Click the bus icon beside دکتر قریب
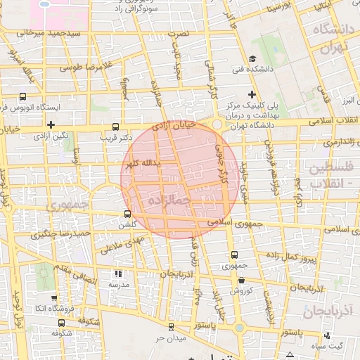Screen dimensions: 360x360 click(x=116, y=127)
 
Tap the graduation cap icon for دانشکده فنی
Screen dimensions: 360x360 click(x=252, y=58)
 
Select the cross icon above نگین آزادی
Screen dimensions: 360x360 click(x=50, y=124)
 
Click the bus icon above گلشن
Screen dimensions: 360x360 click(x=127, y=214)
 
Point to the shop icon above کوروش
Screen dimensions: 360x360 click(x=241, y=280)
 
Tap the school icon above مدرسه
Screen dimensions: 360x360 click(x=117, y=274)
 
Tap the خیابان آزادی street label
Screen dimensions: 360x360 click(x=173, y=127)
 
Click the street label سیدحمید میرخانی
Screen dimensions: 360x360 click(x=48, y=34)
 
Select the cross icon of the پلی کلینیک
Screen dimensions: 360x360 click(x=252, y=94)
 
